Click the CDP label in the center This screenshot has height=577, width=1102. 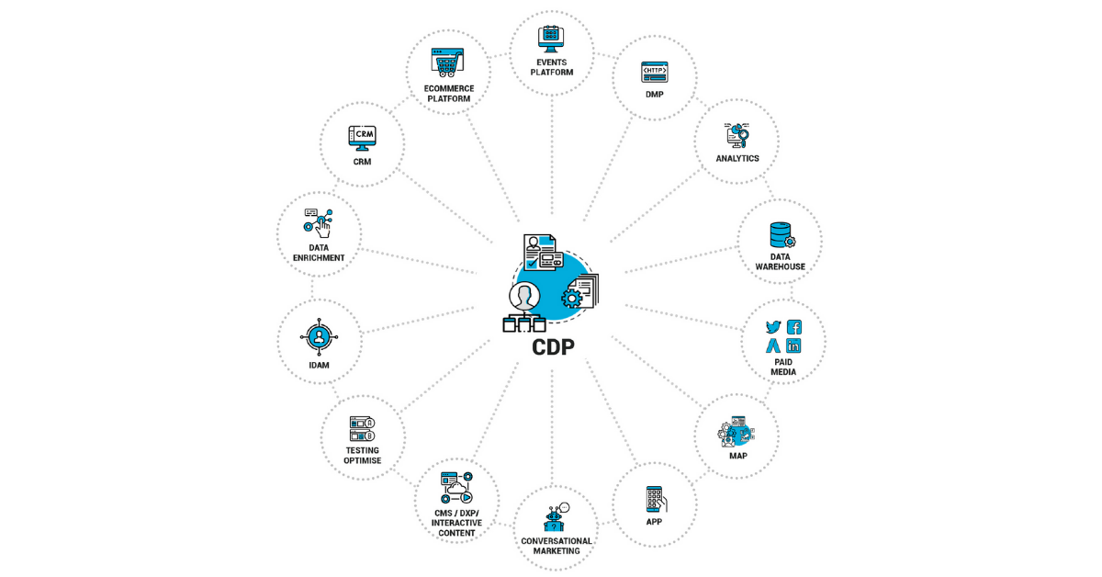(x=553, y=347)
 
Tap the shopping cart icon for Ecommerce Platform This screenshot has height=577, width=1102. (x=447, y=62)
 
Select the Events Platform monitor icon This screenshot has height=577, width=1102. (x=551, y=39)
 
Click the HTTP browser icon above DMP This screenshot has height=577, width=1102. (x=654, y=72)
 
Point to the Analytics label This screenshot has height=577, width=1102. (x=737, y=159)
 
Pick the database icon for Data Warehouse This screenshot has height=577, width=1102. (x=782, y=235)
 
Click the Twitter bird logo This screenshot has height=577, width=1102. (x=773, y=327)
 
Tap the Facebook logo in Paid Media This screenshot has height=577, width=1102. (x=794, y=327)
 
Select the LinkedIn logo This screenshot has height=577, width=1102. (x=793, y=346)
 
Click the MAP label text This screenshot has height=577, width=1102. (x=738, y=456)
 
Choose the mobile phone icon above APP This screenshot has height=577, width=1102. (x=657, y=499)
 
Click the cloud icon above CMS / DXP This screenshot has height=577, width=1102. (x=456, y=489)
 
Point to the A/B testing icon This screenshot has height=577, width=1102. (x=362, y=429)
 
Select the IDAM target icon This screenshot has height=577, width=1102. (x=319, y=337)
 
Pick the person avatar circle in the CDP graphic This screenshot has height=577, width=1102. (x=524, y=297)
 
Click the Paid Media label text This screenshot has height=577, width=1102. (x=783, y=368)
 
